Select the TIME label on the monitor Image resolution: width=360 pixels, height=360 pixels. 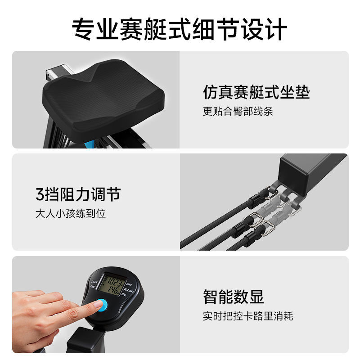pos(93,287)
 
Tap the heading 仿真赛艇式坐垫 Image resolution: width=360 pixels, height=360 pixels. pos(256,92)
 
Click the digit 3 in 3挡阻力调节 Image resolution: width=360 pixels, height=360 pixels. pos(40,195)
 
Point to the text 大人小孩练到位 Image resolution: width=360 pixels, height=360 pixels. pos(71,213)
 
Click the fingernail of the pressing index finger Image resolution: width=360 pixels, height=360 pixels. pos(97,305)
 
